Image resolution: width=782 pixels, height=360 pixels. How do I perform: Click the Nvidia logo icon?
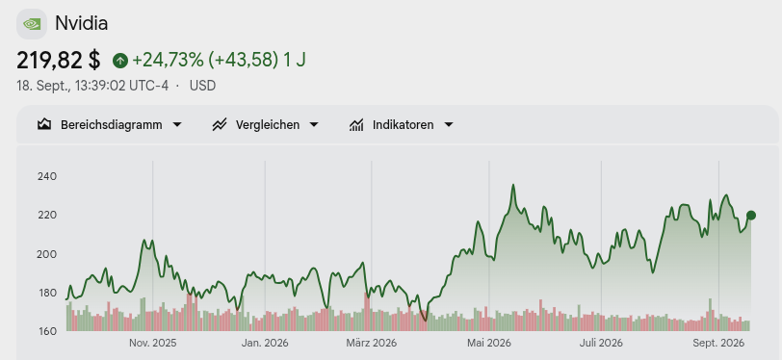coord(32,24)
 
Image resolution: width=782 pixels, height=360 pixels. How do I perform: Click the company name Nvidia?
coord(81,23)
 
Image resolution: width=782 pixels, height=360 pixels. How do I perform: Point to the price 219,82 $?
coord(59,61)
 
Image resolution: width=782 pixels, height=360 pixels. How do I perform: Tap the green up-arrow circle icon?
coord(120,61)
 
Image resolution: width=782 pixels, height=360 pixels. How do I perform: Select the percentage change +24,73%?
coord(168,61)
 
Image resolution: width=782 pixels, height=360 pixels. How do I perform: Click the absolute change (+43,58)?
coord(243,61)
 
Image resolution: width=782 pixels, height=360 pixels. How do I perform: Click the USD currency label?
coord(202,86)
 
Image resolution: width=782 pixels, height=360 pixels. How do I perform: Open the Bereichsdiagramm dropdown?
coord(110,125)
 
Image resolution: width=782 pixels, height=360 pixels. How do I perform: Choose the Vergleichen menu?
coord(266,125)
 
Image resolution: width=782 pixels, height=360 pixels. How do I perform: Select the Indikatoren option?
coord(402,125)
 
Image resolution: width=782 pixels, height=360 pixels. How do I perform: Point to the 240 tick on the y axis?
coord(47,176)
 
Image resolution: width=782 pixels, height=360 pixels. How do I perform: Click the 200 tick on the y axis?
coord(47,254)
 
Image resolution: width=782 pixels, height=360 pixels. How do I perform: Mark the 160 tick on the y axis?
coord(47,331)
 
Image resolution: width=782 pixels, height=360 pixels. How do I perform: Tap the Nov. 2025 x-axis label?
coord(152,343)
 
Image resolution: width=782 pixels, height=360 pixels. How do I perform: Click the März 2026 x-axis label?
coord(371,343)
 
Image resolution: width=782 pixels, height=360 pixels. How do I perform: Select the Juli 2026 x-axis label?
coord(601,343)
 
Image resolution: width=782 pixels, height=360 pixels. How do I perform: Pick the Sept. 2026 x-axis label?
coord(718,343)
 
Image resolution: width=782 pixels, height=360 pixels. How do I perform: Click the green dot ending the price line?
coord(751,216)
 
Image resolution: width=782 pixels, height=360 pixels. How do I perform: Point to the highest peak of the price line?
coord(512,185)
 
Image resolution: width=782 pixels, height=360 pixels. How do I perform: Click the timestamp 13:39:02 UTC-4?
coord(121,86)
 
